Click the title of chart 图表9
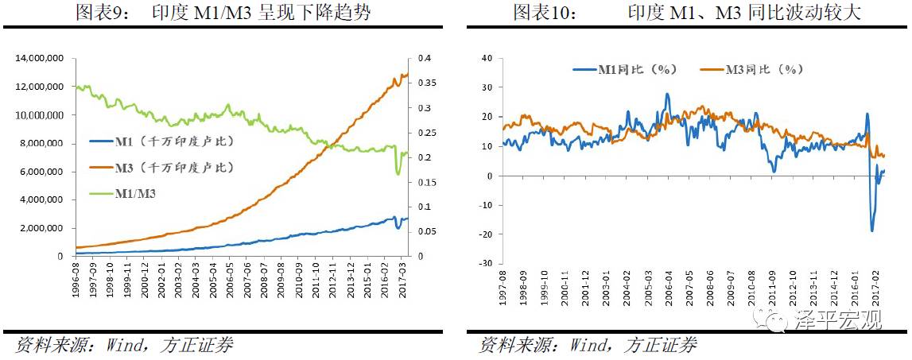tap(223, 13)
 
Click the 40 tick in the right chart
tap(487, 59)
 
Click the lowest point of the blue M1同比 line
tap(871, 231)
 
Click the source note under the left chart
tap(123, 345)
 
